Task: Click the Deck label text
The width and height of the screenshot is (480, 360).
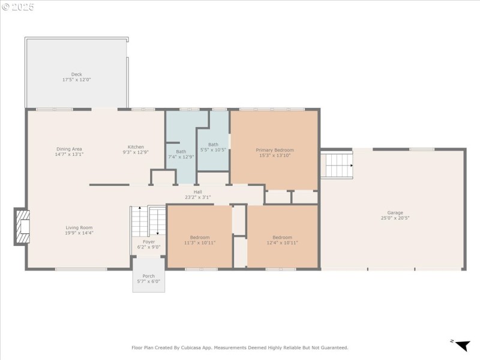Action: pyautogui.click(x=77, y=74)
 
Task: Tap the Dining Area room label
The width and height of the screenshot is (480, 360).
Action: pyautogui.click(x=69, y=149)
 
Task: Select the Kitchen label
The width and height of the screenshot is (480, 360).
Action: pyautogui.click(x=136, y=147)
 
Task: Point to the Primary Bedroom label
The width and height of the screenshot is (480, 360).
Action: pyautogui.click(x=275, y=150)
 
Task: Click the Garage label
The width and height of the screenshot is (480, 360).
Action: pyautogui.click(x=395, y=212)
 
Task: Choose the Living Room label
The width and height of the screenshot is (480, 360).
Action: pyautogui.click(x=79, y=227)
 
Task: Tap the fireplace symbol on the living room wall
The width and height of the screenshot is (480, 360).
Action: pyautogui.click(x=22, y=226)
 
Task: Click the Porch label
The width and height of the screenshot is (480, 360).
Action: pyautogui.click(x=148, y=276)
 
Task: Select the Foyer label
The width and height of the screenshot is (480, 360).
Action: pyautogui.click(x=148, y=242)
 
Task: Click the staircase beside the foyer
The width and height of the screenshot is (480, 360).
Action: pyautogui.click(x=148, y=221)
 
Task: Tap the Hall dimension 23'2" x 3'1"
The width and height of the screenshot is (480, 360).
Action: pyautogui.click(x=197, y=197)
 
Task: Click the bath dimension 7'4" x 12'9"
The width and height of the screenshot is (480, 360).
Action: pyautogui.click(x=181, y=157)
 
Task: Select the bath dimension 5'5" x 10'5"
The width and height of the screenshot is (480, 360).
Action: pyautogui.click(x=213, y=149)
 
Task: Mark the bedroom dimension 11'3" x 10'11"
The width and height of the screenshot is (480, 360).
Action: pyautogui.click(x=200, y=242)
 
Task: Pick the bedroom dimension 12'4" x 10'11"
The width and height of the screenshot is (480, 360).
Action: pyautogui.click(x=282, y=242)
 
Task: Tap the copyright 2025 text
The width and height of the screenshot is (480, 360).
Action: pyautogui.click(x=18, y=7)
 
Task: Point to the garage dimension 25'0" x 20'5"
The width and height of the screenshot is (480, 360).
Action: pyautogui.click(x=395, y=218)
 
